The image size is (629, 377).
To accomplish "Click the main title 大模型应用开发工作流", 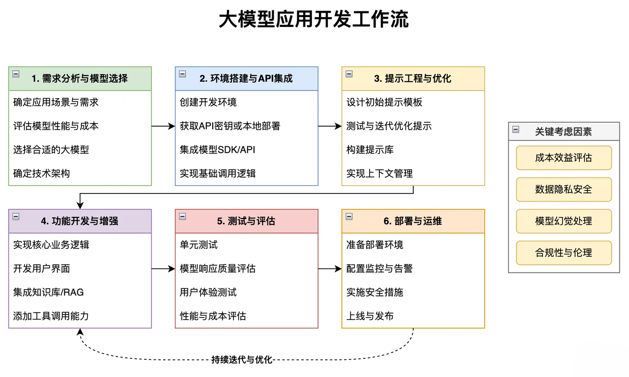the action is [x=314, y=19].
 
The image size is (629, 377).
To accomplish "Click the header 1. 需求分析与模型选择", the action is [x=80, y=79].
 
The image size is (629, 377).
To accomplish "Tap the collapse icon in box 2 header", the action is [x=182, y=74].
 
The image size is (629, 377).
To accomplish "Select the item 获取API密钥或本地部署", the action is [x=230, y=126].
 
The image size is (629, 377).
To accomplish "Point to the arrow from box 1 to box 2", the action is [x=163, y=126].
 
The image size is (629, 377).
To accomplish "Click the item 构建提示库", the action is [x=370, y=150].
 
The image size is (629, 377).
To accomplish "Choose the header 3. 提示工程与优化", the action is [x=413, y=79].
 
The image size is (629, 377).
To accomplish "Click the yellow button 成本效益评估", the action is [x=564, y=158].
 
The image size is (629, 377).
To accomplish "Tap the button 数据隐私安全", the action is [x=564, y=189].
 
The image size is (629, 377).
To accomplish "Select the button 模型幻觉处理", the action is [x=564, y=221].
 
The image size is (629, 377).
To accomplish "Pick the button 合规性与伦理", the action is [x=564, y=253].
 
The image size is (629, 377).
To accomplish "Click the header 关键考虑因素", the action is [x=564, y=132].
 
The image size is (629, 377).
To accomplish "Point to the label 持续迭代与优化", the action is [x=242, y=360].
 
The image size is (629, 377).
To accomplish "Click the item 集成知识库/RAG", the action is [x=48, y=292].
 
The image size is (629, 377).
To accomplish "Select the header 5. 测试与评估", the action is [x=246, y=221].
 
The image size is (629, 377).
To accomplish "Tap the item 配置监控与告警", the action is [x=379, y=269].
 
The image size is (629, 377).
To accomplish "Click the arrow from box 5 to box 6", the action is [x=330, y=269].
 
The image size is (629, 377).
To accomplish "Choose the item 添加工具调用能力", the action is [x=51, y=316].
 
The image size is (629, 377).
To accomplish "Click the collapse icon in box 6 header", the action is [x=349, y=216].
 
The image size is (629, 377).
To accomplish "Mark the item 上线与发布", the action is [x=370, y=316].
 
